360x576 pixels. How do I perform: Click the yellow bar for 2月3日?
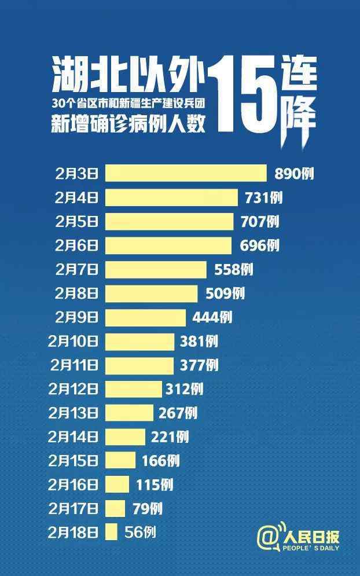click(185, 173)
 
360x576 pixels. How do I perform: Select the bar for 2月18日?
click(112, 532)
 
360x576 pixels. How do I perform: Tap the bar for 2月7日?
click(155, 269)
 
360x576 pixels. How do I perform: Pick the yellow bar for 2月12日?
click(133, 389)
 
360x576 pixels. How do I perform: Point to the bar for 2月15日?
click(120, 460)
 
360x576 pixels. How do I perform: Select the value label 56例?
click(140, 532)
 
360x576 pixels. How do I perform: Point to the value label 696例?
click(259, 245)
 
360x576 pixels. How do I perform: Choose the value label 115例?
click(155, 485)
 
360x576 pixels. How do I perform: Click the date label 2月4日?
click(76, 197)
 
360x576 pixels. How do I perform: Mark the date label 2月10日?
click(74, 341)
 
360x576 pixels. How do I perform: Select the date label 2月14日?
click(74, 437)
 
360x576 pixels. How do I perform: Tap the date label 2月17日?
click(74, 508)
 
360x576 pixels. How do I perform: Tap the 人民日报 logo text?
click(311, 538)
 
